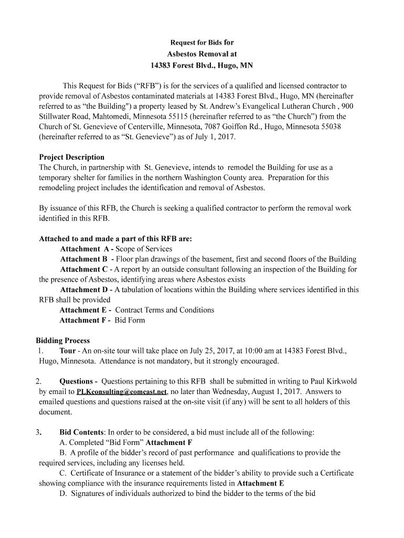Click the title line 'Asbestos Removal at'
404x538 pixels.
201,54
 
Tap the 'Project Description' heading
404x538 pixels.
72,157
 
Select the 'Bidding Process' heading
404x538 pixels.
62,340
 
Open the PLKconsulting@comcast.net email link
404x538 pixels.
122,392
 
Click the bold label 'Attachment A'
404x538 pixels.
85,249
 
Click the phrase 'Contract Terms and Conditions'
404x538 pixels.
164,310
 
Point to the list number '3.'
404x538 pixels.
38,432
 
